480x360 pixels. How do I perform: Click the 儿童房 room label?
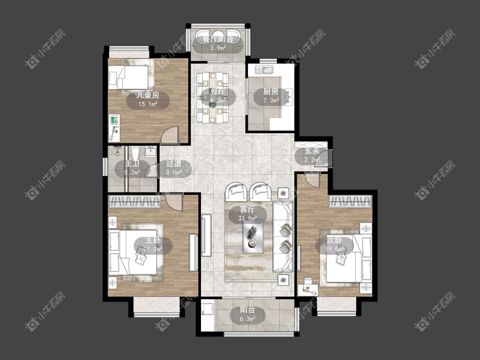click(148, 95)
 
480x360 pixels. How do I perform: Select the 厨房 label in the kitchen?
click(271, 92)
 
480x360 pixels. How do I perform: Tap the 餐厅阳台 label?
click(218, 39)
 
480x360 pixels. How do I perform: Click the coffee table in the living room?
click(253, 237)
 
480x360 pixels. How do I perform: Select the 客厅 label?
click(247, 210)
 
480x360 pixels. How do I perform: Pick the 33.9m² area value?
click(247, 218)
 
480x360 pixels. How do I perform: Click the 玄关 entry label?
click(312, 151)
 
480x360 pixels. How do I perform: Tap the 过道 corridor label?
click(174, 163)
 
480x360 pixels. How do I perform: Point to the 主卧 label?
click(153, 240)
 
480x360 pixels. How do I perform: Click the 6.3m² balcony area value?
click(247, 319)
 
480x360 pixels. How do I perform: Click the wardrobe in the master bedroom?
click(135, 202)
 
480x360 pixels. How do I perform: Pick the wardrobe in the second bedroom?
click(350, 202)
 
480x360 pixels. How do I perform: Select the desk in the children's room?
click(114, 128)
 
